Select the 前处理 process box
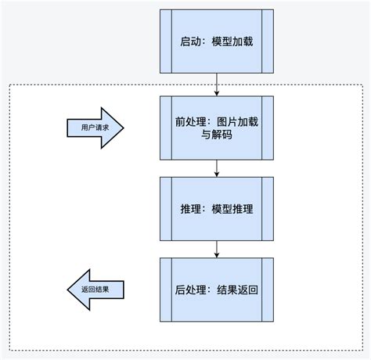coord(216,127)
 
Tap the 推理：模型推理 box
coord(216,209)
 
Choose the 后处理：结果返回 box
coord(216,290)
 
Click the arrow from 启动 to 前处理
coord(216,82)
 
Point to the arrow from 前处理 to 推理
coord(216,167)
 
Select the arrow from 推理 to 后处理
coord(216,248)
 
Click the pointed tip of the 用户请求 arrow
coord(124,127)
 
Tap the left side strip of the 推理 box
coord(165,209)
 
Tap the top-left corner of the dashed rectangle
coord(9,85)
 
